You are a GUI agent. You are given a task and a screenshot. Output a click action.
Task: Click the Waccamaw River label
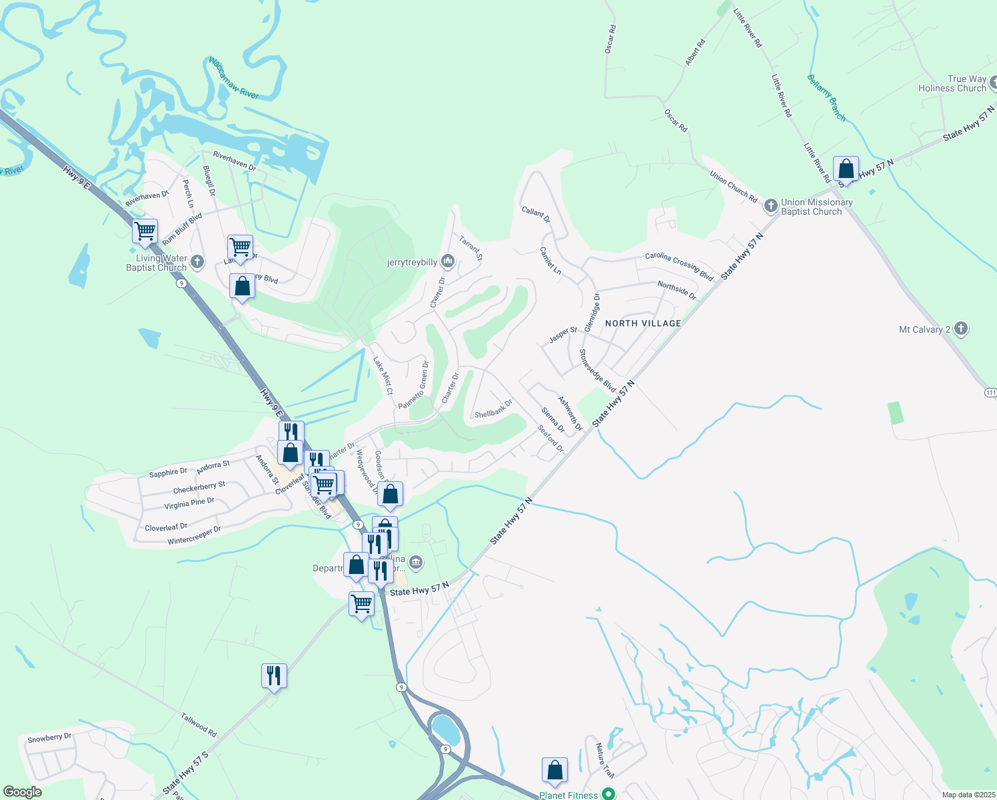click(x=233, y=78)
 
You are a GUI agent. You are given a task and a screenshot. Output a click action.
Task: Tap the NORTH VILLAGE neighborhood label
click(x=643, y=323)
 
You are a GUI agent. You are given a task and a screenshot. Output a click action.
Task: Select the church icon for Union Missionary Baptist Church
click(x=771, y=205)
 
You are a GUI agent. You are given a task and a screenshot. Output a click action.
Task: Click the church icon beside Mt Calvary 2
click(x=960, y=329)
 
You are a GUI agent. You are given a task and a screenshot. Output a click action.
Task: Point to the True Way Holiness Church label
click(x=952, y=83)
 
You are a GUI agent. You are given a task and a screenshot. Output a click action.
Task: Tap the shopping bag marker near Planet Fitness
click(x=554, y=771)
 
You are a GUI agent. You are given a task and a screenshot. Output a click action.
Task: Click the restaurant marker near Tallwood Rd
click(x=274, y=676)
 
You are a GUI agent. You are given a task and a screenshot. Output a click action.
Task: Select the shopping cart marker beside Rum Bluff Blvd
click(x=145, y=231)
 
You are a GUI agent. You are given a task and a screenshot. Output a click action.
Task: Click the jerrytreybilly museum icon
click(x=448, y=261)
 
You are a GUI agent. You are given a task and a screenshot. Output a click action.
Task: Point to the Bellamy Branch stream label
click(x=826, y=97)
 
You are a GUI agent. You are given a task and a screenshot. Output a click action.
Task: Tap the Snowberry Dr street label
click(x=49, y=738)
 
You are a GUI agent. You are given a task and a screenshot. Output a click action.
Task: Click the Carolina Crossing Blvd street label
click(x=679, y=266)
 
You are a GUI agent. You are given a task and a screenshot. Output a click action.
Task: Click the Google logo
click(x=22, y=792)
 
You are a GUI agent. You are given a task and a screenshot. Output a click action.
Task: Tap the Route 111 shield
click(x=990, y=393)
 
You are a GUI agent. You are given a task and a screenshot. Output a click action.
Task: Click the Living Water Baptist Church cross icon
click(x=197, y=262)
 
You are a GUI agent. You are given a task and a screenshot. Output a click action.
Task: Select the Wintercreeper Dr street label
click(x=194, y=535)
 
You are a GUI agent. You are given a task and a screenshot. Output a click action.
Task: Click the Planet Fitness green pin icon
click(x=608, y=794)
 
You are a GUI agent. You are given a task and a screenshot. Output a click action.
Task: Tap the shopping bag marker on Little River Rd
click(x=846, y=169)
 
